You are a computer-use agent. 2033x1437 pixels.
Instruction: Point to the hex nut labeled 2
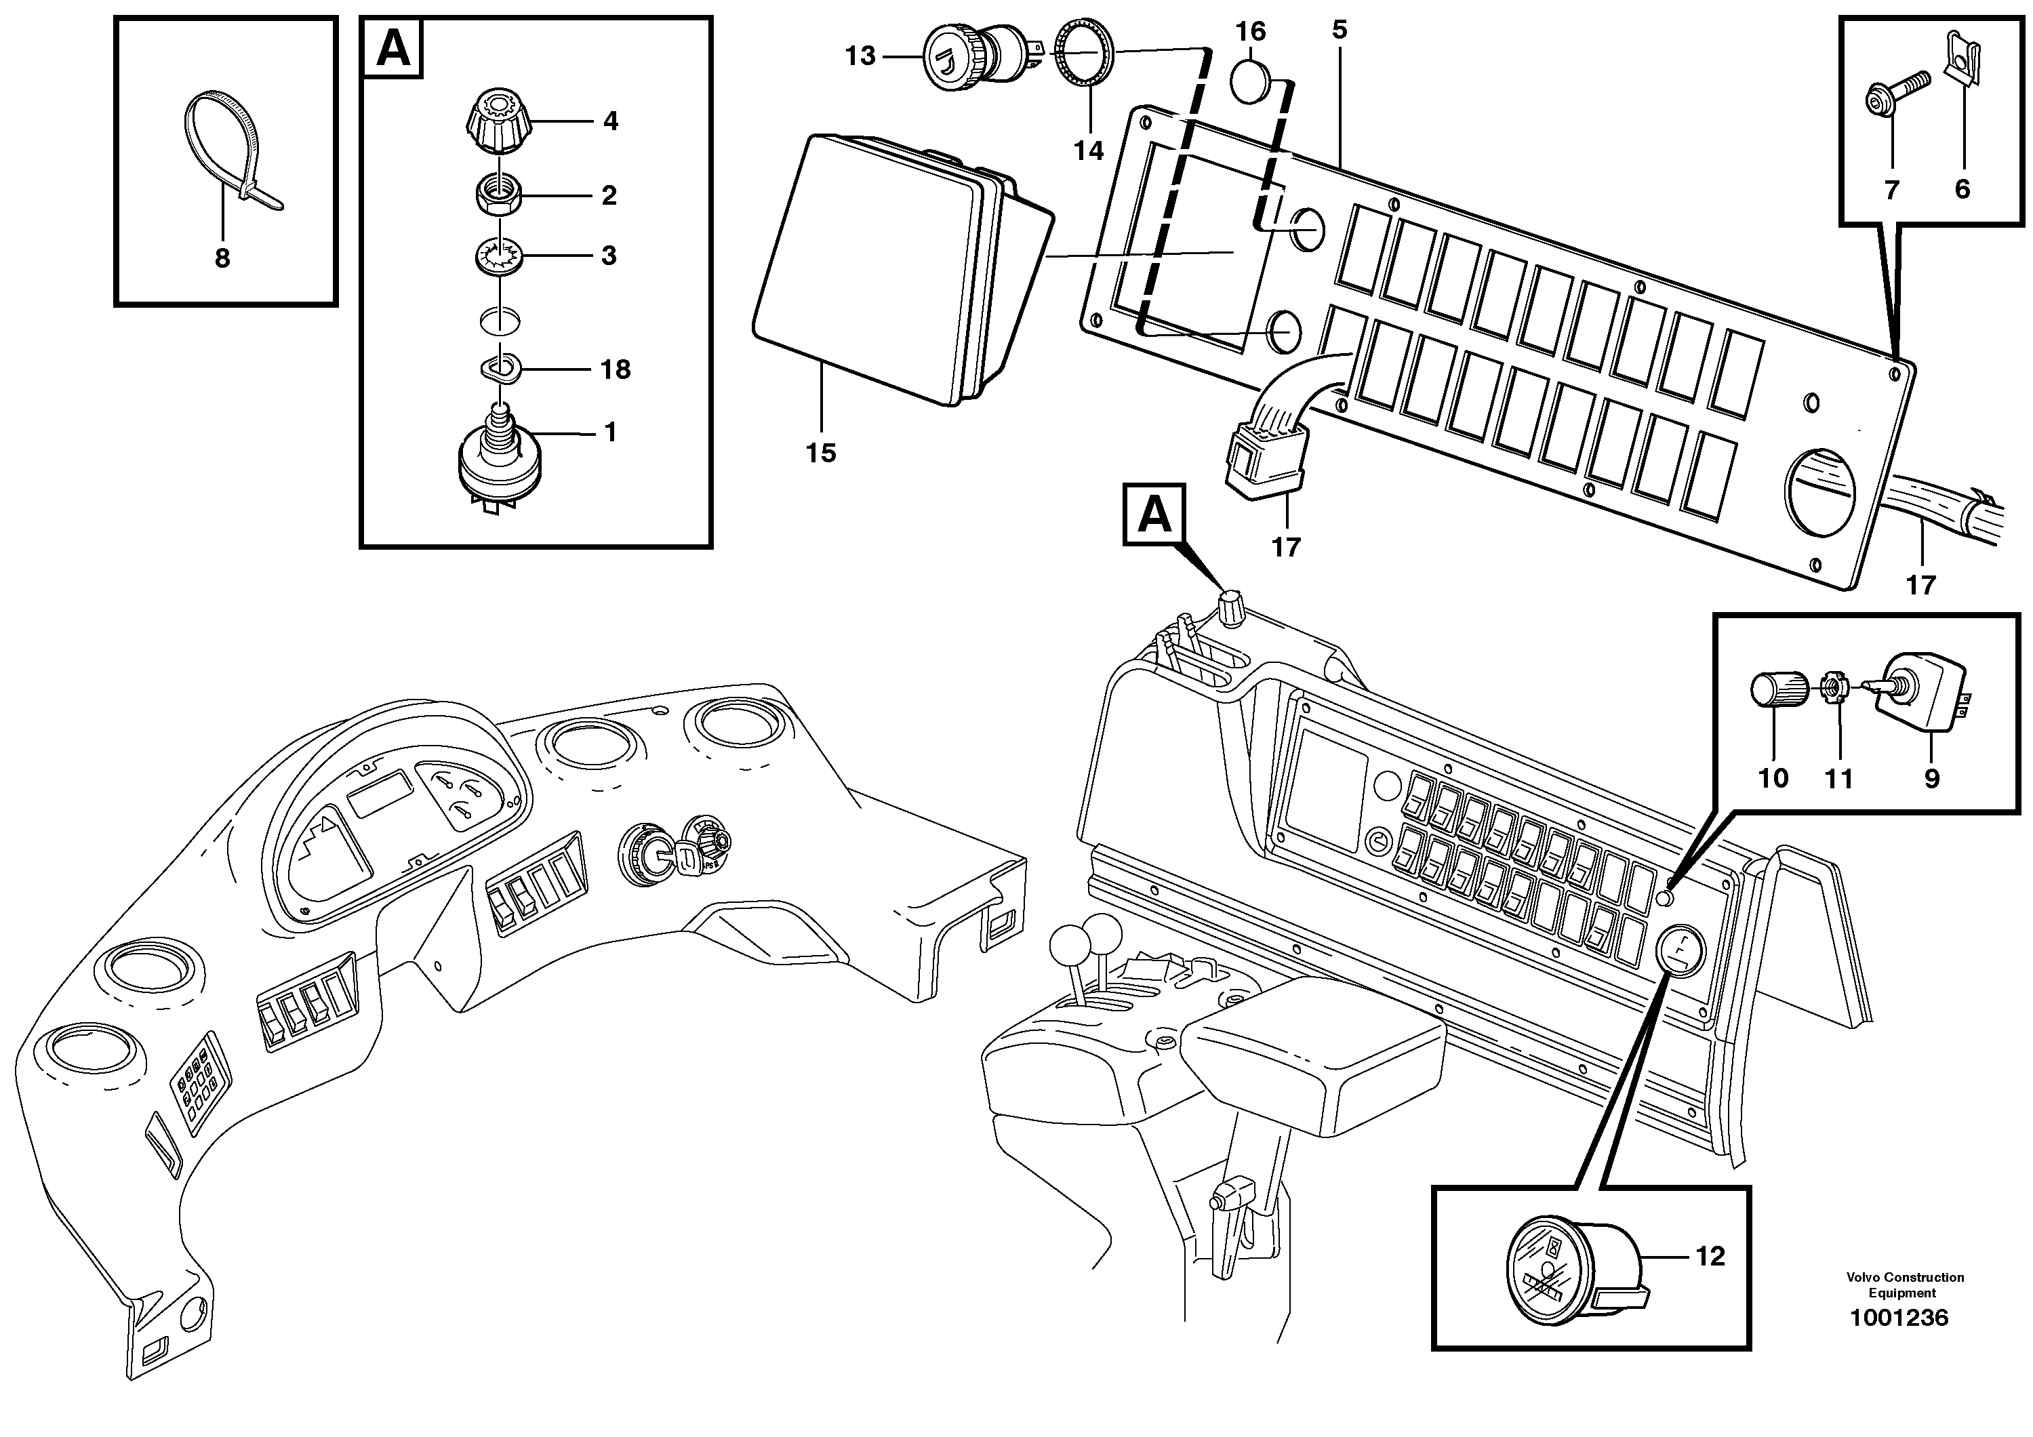500,196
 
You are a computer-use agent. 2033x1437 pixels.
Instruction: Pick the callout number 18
616,369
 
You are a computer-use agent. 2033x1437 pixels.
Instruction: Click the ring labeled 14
1085,56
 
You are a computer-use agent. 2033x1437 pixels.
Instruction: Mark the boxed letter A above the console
1154,514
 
